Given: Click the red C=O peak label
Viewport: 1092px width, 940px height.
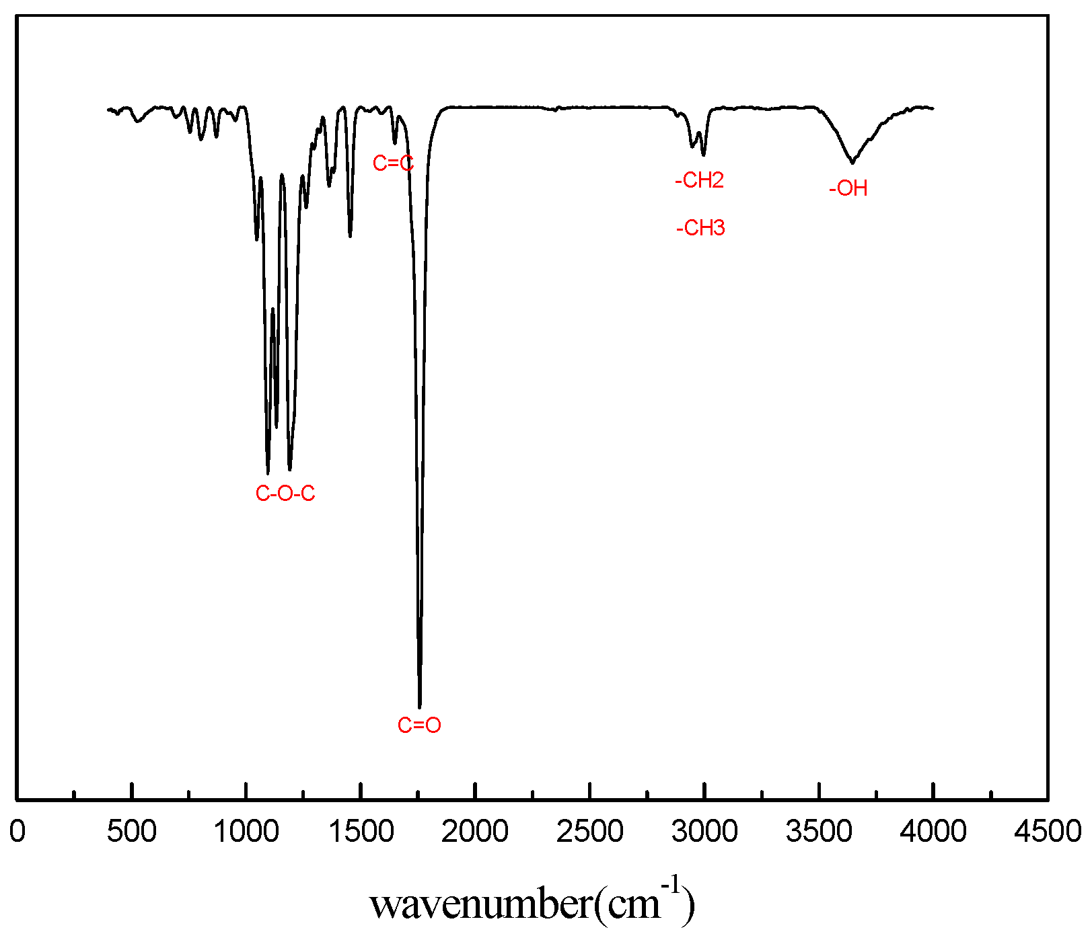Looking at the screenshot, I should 419,725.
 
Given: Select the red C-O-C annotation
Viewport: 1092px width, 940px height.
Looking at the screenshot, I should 285,494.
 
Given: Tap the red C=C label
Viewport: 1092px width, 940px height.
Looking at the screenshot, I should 393,163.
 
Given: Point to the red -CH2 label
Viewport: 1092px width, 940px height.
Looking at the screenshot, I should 699,180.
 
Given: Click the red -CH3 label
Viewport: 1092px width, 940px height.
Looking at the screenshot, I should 700,228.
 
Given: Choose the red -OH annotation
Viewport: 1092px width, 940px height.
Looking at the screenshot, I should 848,188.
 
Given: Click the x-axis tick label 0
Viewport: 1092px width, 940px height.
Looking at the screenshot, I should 17,832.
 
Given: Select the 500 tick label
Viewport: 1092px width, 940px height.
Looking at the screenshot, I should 132,832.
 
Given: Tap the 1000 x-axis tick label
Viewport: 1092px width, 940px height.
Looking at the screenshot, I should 246,832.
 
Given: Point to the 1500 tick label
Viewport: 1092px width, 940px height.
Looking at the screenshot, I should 361,832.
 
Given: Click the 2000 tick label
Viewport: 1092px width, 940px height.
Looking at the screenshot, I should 475,832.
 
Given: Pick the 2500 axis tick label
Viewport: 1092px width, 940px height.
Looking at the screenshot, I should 589,832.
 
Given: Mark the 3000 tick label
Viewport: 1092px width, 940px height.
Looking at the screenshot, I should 704,832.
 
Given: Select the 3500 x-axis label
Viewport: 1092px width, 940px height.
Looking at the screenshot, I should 819,832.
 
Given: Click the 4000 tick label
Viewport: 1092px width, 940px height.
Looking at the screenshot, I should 933,832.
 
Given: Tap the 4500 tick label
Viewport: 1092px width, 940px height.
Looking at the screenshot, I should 1048,832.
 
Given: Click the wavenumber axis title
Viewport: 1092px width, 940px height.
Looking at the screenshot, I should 532,904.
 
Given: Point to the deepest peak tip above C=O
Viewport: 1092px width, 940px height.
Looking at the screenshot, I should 420,706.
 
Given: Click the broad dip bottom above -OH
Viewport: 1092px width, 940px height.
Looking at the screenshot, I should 852,162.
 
